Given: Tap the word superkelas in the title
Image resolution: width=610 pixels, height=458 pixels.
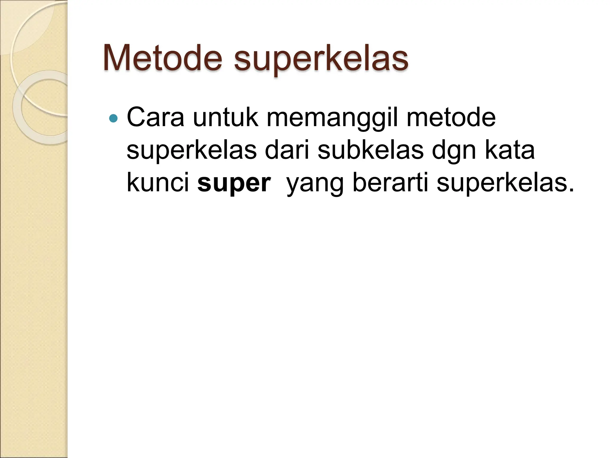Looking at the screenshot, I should click(x=321, y=60).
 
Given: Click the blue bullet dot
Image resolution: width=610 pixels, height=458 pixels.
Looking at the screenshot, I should click(x=113, y=119).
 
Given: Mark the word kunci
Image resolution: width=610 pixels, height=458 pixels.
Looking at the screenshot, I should click(x=158, y=182).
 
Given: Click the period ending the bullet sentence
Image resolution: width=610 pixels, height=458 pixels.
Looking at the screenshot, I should click(x=571, y=190).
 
